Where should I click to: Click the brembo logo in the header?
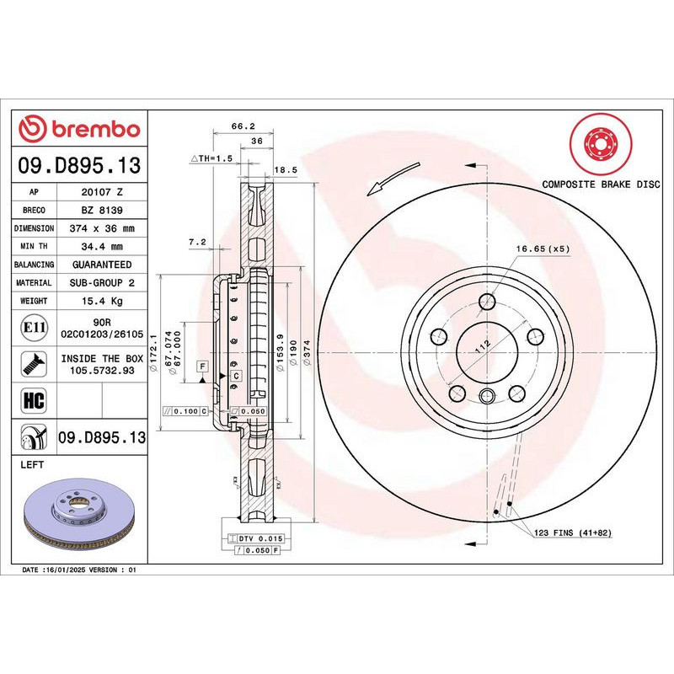click(79, 130)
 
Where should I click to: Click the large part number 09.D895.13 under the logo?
click(79, 164)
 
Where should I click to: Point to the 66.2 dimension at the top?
click(244, 127)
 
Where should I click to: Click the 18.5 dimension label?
click(286, 169)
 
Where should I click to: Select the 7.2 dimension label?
click(197, 242)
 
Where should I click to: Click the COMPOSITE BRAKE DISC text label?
click(601, 183)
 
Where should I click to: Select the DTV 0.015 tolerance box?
click(263, 538)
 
